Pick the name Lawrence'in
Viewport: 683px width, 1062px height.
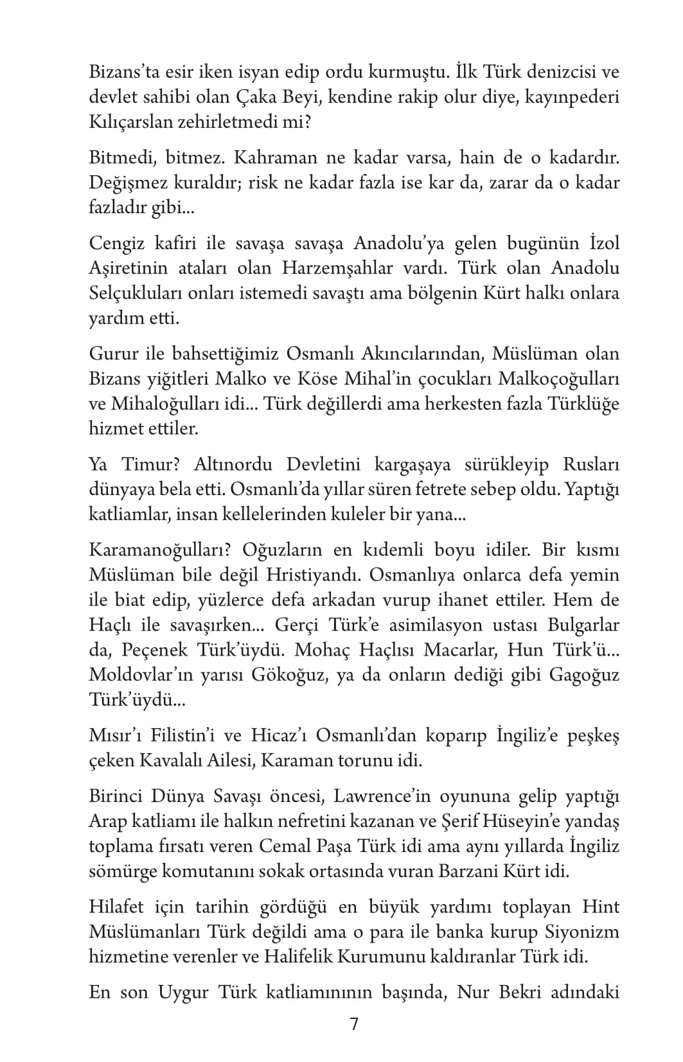pos(381,797)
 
